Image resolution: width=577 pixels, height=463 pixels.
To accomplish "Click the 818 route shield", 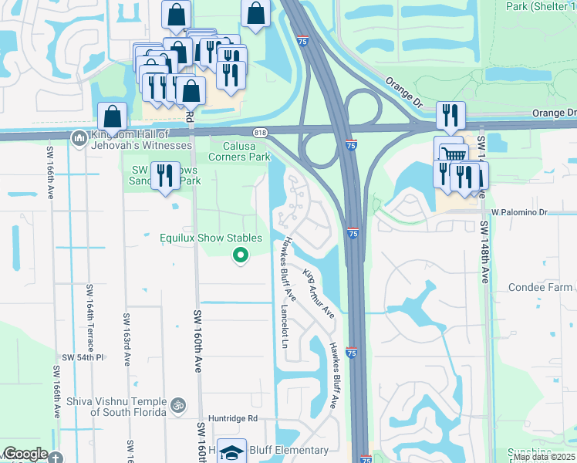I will pos(262,133).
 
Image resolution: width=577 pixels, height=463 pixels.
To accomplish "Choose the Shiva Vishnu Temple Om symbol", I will pos(179,404).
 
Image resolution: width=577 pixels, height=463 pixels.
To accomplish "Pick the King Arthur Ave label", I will pos(319,294).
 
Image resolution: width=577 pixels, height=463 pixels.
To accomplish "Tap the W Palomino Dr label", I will pos(518,211).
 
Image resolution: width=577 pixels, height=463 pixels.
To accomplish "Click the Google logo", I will pos(25,455).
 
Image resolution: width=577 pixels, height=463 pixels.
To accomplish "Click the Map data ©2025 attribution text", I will pos(545,457).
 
